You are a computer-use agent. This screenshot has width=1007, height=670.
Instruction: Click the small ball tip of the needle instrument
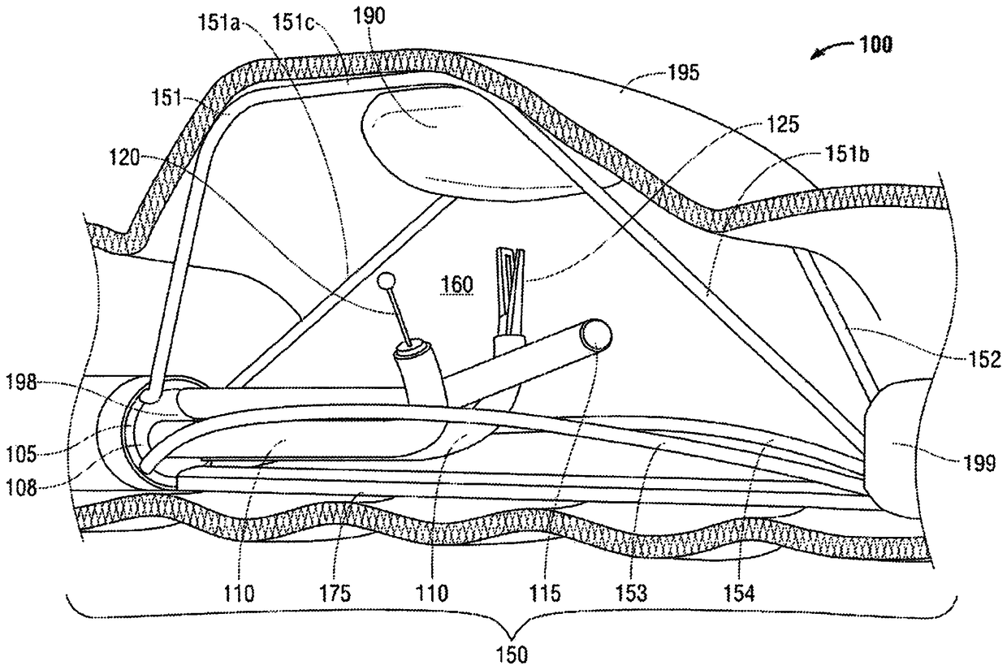[389, 281]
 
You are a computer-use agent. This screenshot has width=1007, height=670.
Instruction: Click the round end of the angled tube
[599, 335]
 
